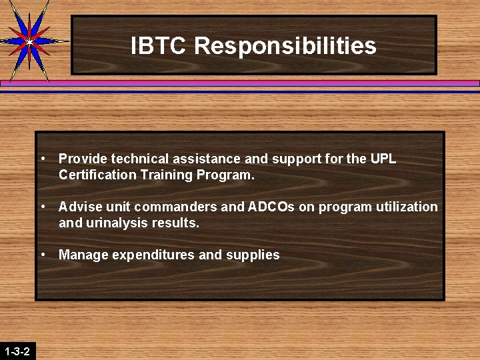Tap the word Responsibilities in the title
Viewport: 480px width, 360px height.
285,46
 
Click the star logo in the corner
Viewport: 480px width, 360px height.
29,41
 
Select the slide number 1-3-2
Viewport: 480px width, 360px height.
17,351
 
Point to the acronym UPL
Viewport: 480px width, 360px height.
383,159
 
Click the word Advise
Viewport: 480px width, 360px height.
78,207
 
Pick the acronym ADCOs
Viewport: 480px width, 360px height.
271,207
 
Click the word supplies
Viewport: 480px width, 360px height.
253,255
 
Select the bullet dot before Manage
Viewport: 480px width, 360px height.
43,254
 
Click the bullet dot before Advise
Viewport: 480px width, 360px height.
43,206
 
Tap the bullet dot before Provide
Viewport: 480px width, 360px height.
43,158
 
